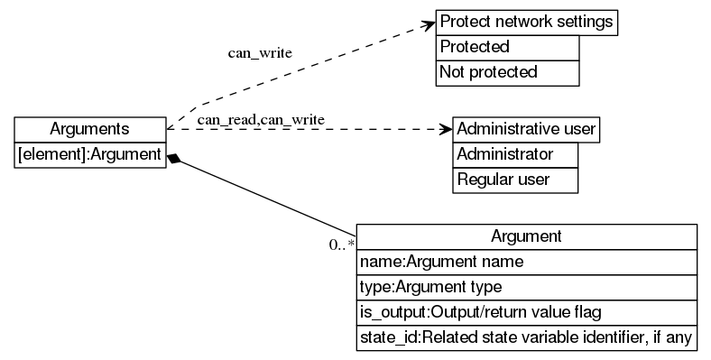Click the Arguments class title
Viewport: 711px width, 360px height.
90,129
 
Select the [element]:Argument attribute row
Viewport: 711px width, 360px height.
90,155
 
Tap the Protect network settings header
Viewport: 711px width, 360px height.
527,22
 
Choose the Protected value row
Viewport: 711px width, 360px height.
507,47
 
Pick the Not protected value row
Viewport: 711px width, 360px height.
507,72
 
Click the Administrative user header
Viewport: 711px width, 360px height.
526,129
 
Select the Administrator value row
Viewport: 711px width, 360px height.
514,154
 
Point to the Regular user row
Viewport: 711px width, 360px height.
514,180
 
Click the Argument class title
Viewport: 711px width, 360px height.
526,236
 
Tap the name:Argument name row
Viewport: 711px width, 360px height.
526,262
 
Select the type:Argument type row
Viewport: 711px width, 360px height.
526,287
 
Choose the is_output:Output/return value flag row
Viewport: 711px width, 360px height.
526,312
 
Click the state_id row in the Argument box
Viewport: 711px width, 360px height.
526,338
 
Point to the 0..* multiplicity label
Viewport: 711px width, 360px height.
341,245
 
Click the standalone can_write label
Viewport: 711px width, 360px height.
259,52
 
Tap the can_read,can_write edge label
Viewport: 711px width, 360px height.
261,119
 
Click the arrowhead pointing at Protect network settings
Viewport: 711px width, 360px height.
428,24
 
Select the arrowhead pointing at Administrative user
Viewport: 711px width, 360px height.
444,129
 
